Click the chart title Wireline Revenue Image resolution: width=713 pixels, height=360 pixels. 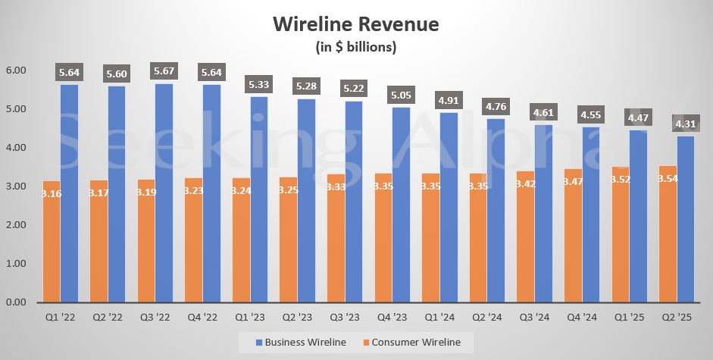355,23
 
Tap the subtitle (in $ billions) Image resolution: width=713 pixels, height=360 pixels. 355,47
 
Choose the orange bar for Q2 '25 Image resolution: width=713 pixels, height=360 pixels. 667,243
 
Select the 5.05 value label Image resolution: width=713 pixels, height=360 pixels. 401,95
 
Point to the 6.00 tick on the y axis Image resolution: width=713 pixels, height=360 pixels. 16,70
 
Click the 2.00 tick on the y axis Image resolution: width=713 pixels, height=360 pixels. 16,225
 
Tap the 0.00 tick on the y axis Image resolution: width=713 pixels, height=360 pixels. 16,302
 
